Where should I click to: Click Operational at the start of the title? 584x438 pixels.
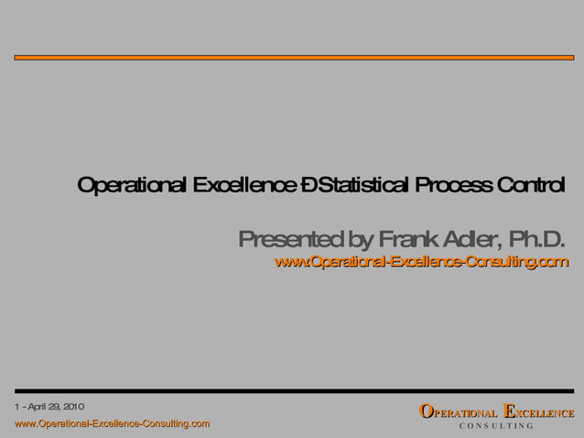pyautogui.click(x=132, y=186)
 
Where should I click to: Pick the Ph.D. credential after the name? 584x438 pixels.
pyautogui.click(x=536, y=240)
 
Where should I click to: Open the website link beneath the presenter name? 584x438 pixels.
pyautogui.click(x=421, y=264)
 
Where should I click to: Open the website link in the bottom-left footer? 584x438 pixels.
pyautogui.click(x=112, y=423)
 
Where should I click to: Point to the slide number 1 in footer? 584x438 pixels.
pyautogui.click(x=17, y=405)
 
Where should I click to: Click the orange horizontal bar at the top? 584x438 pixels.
pyautogui.click(x=293, y=58)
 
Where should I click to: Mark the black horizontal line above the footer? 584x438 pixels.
pyautogui.click(x=293, y=391)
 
